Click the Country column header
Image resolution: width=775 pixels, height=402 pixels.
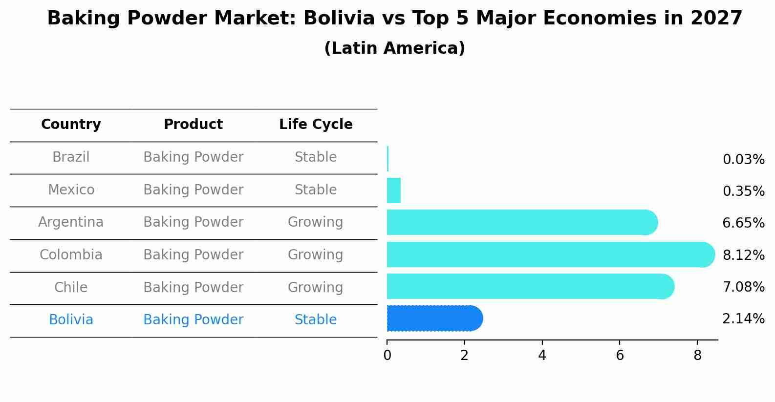(71, 125)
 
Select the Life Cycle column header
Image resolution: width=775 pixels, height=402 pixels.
(316, 125)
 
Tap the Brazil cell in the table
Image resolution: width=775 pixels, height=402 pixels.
(71, 157)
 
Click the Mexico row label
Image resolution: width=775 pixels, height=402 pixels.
(71, 190)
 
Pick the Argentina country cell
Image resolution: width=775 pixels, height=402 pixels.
(71, 222)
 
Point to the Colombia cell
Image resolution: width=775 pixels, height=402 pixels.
(71, 255)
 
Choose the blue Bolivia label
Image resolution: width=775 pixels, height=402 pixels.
(71, 320)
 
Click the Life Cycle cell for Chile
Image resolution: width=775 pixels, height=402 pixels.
(316, 287)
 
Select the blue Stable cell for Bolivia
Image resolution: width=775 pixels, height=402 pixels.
(316, 320)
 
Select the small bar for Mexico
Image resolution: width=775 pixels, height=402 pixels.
(394, 190)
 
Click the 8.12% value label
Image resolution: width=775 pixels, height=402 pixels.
(743, 255)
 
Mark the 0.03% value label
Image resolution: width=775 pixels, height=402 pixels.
(743, 160)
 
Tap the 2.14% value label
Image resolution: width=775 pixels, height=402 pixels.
(743, 319)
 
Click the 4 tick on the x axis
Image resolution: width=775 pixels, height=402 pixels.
(542, 356)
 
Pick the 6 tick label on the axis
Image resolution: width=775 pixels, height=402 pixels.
(620, 356)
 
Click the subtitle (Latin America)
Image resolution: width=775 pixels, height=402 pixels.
(394, 48)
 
